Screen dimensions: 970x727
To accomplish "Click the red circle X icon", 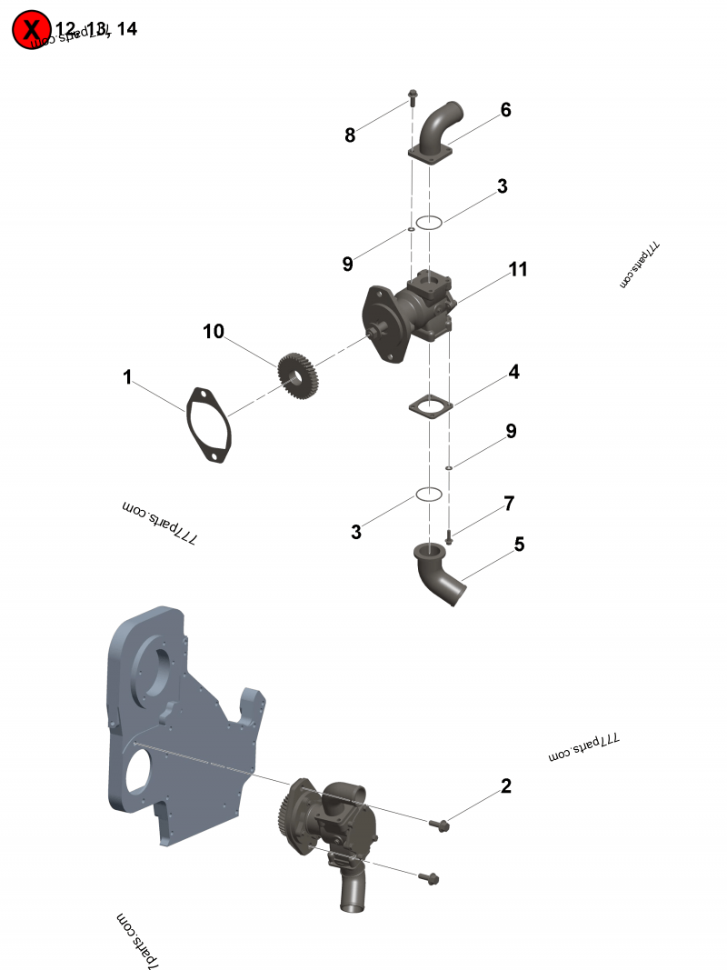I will (32, 30).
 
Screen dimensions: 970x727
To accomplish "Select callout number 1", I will (128, 376).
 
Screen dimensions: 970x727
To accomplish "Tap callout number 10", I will (213, 332).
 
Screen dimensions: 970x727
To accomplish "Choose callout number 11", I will (518, 269).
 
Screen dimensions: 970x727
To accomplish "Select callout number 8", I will (350, 135).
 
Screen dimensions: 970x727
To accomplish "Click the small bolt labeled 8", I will (412, 96).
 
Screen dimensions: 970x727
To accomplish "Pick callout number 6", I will (505, 110).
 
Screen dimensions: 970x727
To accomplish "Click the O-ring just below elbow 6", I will (429, 222).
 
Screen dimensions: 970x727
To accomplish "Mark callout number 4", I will (513, 372).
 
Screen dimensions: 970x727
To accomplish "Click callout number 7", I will (509, 503).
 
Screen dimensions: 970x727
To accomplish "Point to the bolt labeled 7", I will (449, 537).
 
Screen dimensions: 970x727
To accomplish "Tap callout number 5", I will (519, 545).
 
